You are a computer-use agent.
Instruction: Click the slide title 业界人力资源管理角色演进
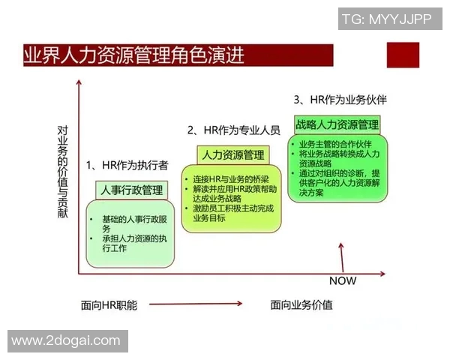point(135,55)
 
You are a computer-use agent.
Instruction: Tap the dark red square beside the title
point(401,56)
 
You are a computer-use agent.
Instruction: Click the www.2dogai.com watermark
point(66,340)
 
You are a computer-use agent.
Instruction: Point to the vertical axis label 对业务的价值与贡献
point(63,172)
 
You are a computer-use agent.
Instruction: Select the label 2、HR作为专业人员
point(233,130)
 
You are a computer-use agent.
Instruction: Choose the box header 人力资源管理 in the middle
point(232,155)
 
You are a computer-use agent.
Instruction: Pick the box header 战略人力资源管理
point(337,124)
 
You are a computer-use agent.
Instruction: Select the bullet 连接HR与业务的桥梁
point(229,179)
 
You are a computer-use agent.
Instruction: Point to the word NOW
point(343,280)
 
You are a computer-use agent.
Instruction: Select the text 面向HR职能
point(109,304)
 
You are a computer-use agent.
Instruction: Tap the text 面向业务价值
point(301,304)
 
